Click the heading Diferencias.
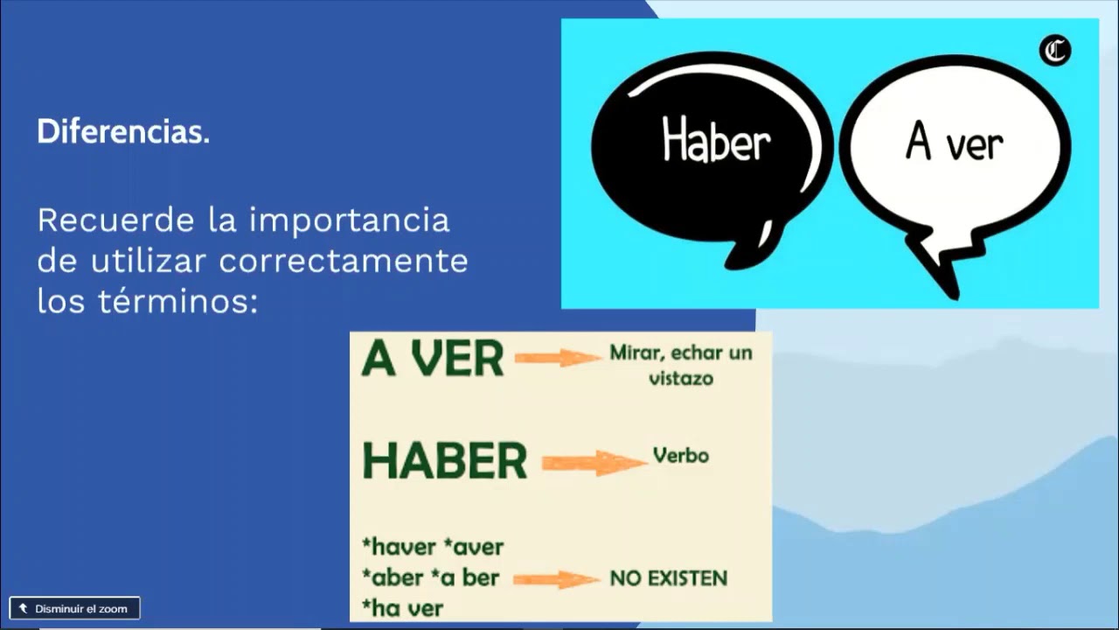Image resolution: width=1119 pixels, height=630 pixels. [x=123, y=132]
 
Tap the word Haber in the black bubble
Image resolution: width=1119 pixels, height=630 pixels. [x=716, y=142]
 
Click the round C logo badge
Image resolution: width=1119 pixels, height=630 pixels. [x=1055, y=51]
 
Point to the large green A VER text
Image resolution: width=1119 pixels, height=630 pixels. [x=433, y=358]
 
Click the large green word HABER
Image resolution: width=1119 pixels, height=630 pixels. [x=445, y=461]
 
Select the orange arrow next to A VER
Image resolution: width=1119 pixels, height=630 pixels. [x=557, y=357]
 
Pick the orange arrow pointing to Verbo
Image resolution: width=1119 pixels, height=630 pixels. [x=594, y=462]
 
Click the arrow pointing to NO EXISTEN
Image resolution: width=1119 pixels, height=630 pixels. [x=556, y=578]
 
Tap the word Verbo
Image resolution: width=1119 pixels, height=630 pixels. [x=680, y=456]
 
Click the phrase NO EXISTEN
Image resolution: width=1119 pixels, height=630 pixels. [x=669, y=578]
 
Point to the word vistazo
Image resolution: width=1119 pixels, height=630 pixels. [x=681, y=379]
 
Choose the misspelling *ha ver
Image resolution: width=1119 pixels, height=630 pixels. [x=402, y=607]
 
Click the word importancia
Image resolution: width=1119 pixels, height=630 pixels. [x=350, y=220]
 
